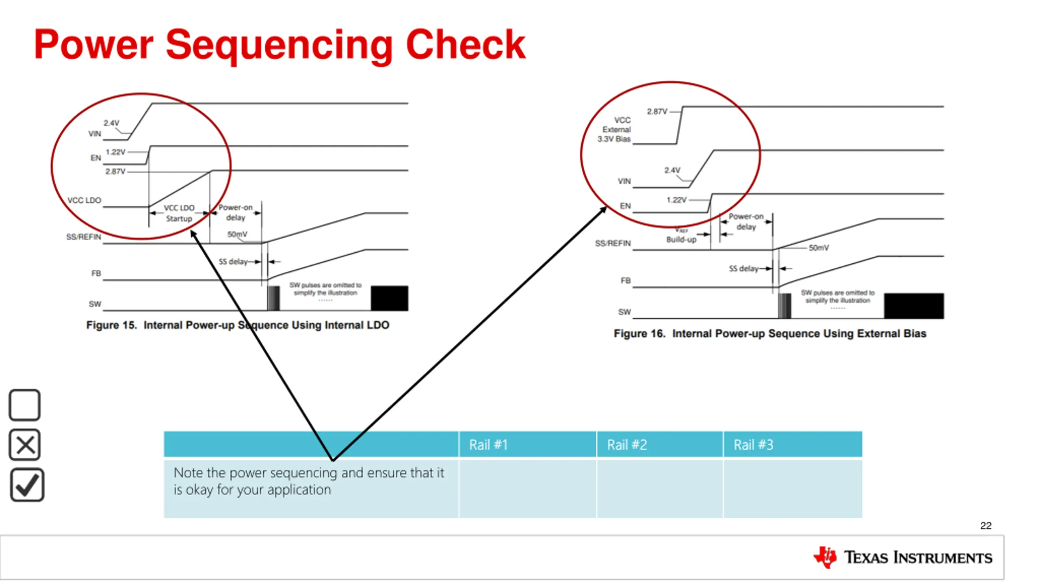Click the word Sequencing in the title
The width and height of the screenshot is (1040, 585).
[279, 45]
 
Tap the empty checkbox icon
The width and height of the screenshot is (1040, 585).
[24, 405]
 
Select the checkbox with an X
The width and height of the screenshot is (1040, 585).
[25, 444]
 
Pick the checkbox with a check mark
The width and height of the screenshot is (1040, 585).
[27, 485]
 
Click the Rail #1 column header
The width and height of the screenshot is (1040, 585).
[488, 445]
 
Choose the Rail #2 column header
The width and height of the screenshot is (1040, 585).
[627, 445]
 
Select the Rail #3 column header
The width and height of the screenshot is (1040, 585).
[753, 445]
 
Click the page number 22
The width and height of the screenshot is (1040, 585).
[986, 526]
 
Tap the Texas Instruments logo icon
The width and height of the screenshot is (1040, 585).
[825, 557]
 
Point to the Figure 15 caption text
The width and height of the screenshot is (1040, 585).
[238, 325]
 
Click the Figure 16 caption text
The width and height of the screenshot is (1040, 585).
[770, 334]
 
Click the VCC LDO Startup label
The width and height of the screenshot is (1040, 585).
[179, 213]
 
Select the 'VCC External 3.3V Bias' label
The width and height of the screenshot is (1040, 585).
[615, 130]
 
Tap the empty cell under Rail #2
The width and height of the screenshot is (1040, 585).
[659, 488]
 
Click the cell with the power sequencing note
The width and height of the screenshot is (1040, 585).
[311, 488]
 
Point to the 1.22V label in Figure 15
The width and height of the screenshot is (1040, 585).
[115, 152]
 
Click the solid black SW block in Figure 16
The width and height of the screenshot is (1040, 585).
[914, 305]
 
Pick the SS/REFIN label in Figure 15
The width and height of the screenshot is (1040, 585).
[84, 237]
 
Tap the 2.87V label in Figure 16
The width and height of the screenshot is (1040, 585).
[657, 111]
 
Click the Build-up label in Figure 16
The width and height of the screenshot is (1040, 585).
[681, 240]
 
